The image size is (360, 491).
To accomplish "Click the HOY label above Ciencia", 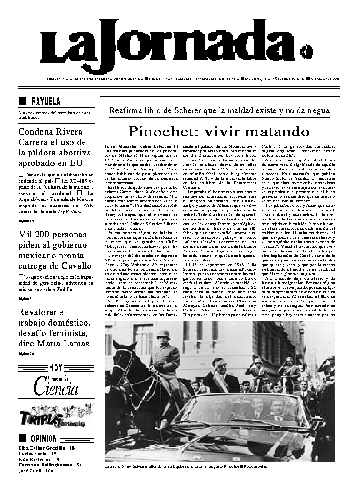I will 56,368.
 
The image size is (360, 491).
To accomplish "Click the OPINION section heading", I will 44,439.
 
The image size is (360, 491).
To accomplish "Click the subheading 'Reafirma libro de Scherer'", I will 219,110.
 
